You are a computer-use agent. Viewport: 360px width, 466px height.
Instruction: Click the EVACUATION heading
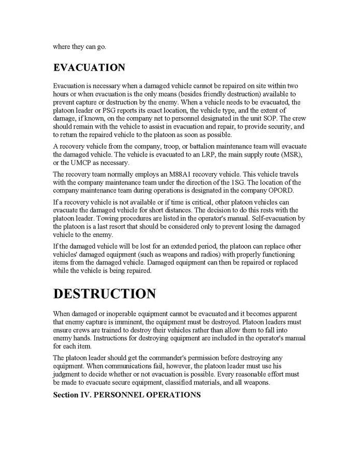pyautogui.click(x=89, y=68)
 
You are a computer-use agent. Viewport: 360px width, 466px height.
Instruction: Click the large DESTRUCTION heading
pyautogui.click(x=104, y=294)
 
